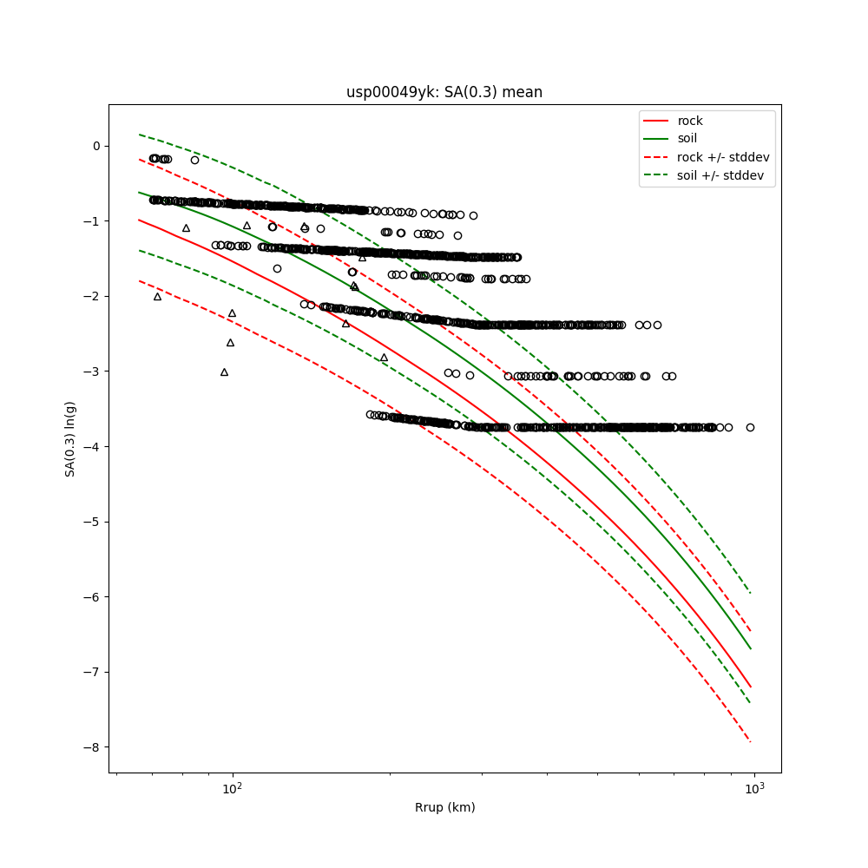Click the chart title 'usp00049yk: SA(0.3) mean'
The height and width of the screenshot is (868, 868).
click(444, 92)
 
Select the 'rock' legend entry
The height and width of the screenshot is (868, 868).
click(690, 121)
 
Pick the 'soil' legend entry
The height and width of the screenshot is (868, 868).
click(687, 139)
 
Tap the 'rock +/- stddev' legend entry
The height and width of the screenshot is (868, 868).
click(723, 157)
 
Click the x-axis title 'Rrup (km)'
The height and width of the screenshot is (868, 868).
click(444, 807)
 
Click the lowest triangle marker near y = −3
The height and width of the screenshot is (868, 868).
click(224, 372)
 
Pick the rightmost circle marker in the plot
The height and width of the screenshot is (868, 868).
click(750, 427)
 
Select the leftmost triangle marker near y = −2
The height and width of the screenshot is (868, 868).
click(157, 297)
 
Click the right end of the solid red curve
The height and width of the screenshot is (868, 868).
click(751, 687)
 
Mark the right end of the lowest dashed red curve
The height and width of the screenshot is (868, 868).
click(751, 742)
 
